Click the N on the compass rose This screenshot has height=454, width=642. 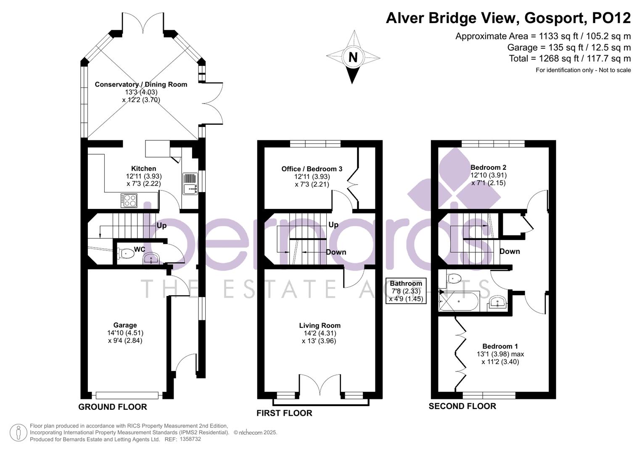[353, 57]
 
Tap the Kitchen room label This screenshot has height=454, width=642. [144, 169]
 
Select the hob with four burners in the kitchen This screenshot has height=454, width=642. [129, 201]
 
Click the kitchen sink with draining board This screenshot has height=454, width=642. [190, 184]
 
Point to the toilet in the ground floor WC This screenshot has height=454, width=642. [126, 253]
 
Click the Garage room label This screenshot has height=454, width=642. [125, 325]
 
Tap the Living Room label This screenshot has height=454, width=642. [320, 325]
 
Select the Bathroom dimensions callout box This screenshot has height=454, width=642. [406, 291]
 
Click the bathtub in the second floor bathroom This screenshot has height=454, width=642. [459, 301]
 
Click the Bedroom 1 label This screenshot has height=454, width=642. [500, 346]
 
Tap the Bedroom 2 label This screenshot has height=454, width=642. [489, 167]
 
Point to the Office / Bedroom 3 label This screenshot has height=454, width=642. [312, 169]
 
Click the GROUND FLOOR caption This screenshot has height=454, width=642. [113, 407]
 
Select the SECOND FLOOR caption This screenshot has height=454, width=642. [462, 406]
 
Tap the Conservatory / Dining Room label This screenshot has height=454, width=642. [141, 84]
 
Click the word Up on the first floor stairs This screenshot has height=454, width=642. [333, 225]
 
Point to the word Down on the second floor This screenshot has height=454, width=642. [510, 251]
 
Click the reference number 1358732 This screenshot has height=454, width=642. [190, 439]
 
